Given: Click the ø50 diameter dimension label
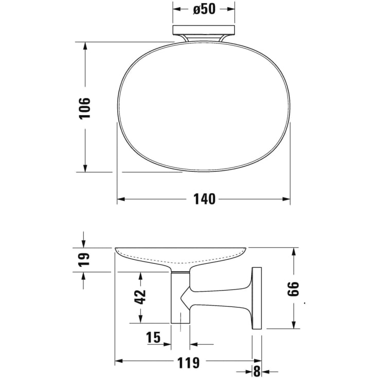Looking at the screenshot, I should click(204, 10).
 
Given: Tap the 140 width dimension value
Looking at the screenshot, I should click(204, 199).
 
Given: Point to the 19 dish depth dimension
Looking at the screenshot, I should click(84, 259).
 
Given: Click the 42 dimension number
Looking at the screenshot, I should click(140, 297).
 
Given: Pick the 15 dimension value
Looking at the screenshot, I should click(153, 338).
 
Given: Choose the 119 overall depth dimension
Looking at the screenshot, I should click(188, 362).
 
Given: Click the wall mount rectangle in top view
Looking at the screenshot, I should click(204, 30).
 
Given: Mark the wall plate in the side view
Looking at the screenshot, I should click(257, 298).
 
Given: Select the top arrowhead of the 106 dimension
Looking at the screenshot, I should click(85, 46).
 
